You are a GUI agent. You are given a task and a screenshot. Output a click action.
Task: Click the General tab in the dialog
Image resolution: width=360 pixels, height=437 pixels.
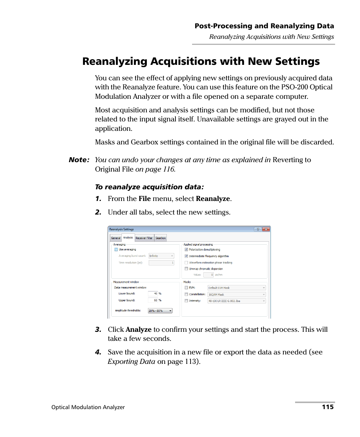pyautogui.click(x=115, y=238)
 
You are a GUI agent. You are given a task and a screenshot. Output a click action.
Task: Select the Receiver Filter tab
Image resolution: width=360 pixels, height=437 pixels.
pyautogui.click(x=144, y=238)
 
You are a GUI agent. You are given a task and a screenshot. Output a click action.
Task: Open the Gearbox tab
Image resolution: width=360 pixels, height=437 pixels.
pyautogui.click(x=161, y=238)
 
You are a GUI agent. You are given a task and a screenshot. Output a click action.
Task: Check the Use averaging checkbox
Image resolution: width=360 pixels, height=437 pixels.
pyautogui.click(x=116, y=250)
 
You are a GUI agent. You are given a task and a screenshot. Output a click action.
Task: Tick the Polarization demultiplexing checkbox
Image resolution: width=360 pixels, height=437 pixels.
pyautogui.click(x=186, y=250)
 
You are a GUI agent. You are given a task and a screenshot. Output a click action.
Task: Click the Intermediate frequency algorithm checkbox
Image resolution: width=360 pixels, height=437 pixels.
pyautogui.click(x=186, y=256)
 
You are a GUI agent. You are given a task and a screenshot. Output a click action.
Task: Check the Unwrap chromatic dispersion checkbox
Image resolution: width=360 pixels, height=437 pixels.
pyautogui.click(x=186, y=269)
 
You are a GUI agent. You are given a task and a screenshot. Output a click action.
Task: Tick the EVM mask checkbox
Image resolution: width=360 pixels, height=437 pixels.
pyautogui.click(x=186, y=288)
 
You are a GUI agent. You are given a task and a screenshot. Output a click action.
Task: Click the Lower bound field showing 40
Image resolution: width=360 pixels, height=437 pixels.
pyautogui.click(x=153, y=293)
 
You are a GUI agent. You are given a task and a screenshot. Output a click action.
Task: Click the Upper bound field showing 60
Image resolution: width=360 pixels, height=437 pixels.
pyautogui.click(x=153, y=300)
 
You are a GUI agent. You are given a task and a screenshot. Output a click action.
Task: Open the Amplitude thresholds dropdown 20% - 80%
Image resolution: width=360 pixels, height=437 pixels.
pyautogui.click(x=160, y=311)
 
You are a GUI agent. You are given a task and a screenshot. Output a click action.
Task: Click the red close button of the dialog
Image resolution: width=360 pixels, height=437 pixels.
pyautogui.click(x=266, y=229)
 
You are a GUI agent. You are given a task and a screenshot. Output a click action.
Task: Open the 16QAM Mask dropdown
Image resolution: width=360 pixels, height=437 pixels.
pyautogui.click(x=237, y=294)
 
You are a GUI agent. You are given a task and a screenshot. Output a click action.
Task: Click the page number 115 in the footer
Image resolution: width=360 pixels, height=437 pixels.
pyautogui.click(x=328, y=407)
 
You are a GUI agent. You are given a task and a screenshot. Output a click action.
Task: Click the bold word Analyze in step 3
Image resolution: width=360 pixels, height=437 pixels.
pyautogui.click(x=138, y=330)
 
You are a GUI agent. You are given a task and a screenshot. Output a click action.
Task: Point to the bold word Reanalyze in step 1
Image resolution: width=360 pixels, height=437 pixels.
pyautogui.click(x=213, y=199)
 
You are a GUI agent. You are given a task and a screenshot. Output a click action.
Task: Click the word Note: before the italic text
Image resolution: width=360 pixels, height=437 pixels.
pyautogui.click(x=79, y=160)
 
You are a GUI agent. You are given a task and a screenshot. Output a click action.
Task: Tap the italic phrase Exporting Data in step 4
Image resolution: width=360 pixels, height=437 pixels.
pyautogui.click(x=131, y=362)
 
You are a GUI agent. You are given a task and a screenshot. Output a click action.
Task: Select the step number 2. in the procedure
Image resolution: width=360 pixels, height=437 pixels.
pyautogui.click(x=98, y=212)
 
